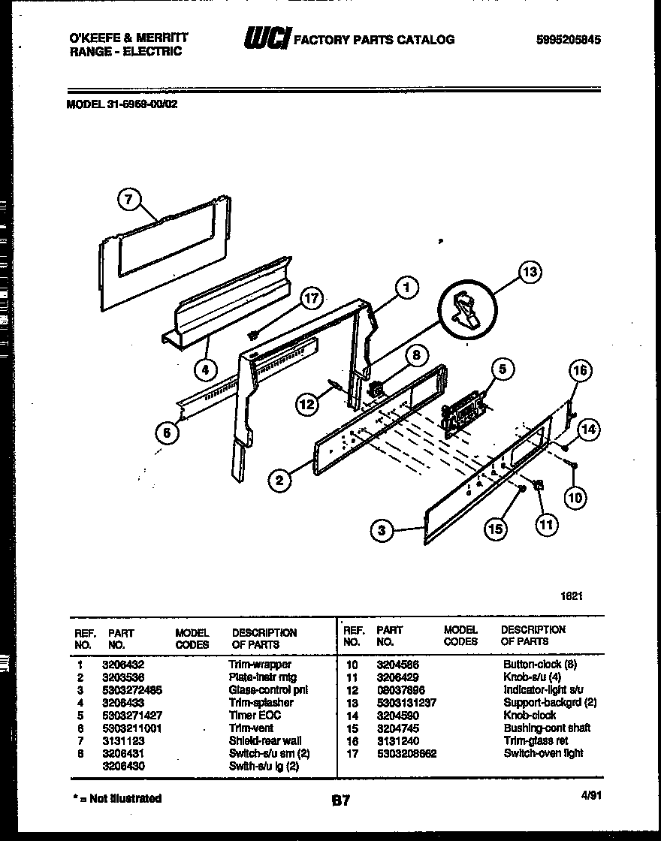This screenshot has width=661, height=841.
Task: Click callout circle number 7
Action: [130, 200]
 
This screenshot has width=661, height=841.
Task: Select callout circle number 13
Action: [530, 272]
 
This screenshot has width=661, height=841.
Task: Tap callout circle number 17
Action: [311, 298]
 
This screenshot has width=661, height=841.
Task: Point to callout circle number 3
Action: [382, 531]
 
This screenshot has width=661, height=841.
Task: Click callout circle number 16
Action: [580, 370]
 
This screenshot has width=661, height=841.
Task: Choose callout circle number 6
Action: [167, 432]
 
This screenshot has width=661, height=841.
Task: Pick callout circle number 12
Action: [306, 404]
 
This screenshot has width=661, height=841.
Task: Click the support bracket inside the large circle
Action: [466, 309]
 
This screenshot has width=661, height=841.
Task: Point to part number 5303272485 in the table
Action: [131, 690]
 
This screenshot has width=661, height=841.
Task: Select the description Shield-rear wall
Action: [264, 740]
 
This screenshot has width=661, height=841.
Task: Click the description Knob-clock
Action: [530, 716]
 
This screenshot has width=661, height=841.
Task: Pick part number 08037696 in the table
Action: [402, 690]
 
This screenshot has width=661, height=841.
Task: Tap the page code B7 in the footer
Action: [340, 801]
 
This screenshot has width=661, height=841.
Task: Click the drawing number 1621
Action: [572, 595]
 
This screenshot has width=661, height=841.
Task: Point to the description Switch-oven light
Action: [543, 753]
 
